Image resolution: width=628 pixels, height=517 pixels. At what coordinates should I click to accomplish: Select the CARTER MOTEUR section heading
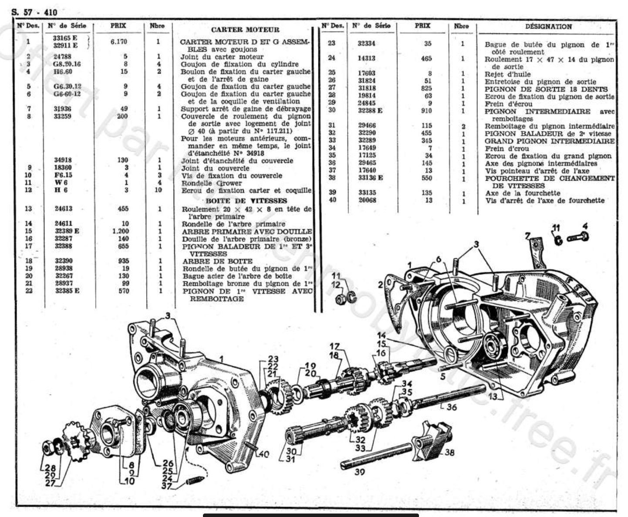(x=245, y=30)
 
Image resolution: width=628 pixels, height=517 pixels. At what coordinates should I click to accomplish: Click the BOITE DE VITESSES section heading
(x=246, y=201)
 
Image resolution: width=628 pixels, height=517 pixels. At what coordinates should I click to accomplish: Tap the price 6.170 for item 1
(x=118, y=42)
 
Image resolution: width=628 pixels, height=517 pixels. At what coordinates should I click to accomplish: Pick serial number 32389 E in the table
(x=67, y=231)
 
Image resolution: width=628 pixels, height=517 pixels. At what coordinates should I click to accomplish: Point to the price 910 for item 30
(x=427, y=111)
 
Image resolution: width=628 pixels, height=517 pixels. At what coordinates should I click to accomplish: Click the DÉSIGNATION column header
(x=548, y=26)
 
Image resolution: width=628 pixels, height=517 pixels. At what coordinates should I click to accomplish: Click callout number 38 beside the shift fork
(x=449, y=453)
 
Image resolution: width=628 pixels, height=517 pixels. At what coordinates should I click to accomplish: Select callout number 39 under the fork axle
(x=359, y=472)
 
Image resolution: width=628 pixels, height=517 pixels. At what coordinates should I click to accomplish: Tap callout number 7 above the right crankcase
(x=528, y=237)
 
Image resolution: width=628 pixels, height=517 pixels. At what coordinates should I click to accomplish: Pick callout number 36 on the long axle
(x=452, y=407)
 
